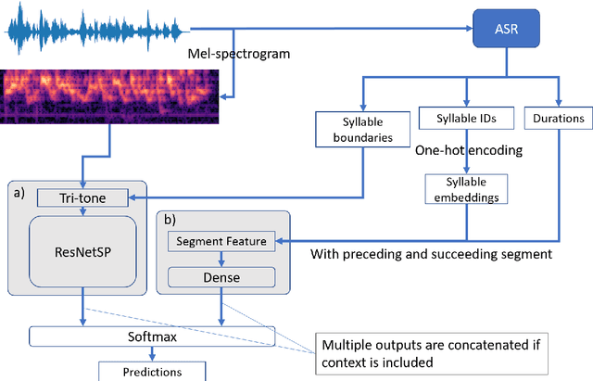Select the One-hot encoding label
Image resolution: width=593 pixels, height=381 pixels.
tap(468, 149)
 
